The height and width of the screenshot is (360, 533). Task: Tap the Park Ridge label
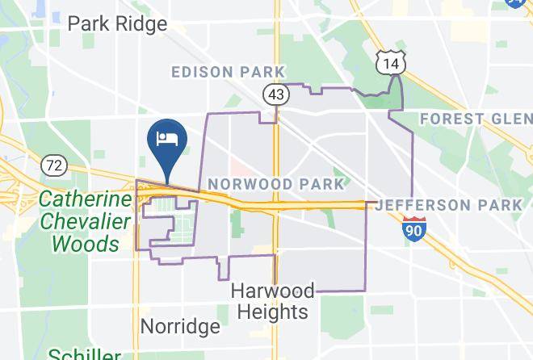tap(117, 23)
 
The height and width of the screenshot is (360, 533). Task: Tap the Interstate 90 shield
tap(414, 228)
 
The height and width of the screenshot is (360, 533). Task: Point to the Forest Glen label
tap(475, 119)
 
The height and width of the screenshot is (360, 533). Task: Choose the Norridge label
tap(180, 326)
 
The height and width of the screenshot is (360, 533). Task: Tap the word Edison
tap(196, 73)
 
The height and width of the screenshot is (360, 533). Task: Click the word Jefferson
tap(420, 205)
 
